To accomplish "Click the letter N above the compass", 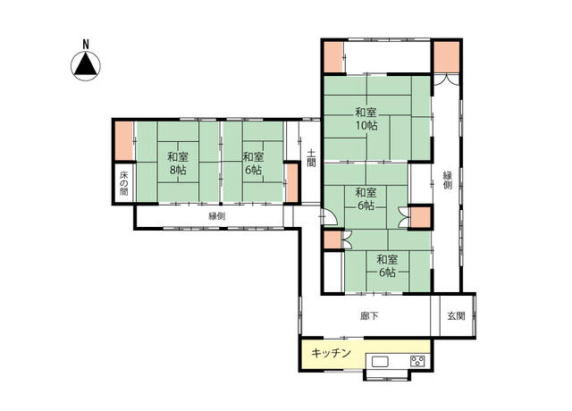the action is coord(86,45).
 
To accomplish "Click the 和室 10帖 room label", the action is coord(366,119).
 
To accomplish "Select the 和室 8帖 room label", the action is coord(178,164).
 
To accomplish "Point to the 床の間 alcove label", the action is coord(124,183).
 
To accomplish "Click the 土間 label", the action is coord(311,158).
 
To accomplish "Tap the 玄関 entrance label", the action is coord(456,316).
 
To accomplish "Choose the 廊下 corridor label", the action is coord(369,316).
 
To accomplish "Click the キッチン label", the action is coord(331,353).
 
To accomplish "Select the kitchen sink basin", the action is coord(380,361).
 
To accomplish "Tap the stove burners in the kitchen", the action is coord(417,361).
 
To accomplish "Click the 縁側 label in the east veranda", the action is coord(447,180).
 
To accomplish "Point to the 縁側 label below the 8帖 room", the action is coord(216,216).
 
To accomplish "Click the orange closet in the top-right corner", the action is coord(447,57).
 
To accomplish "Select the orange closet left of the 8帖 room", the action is coord(124,141).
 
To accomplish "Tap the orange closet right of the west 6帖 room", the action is coord(291,183).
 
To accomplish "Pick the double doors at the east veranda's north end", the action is coord(446,80).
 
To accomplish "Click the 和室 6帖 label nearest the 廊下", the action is coord(387,266).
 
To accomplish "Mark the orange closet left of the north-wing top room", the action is coord(333,57).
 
